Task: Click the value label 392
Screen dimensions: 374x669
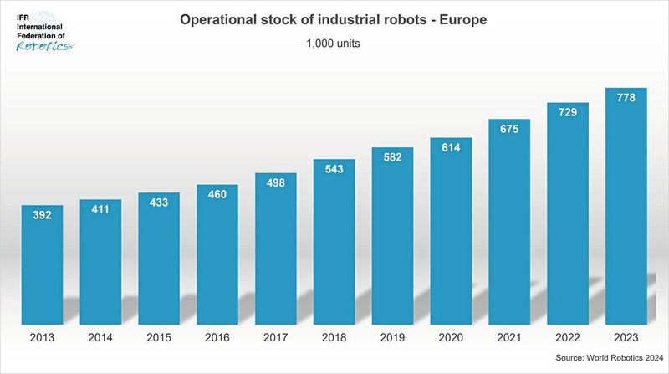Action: [43, 215]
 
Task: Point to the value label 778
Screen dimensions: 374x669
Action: [626, 98]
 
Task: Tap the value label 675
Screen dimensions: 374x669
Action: [509, 129]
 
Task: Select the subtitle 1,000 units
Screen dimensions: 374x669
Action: [334, 44]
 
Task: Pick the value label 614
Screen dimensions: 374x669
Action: [451, 147]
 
